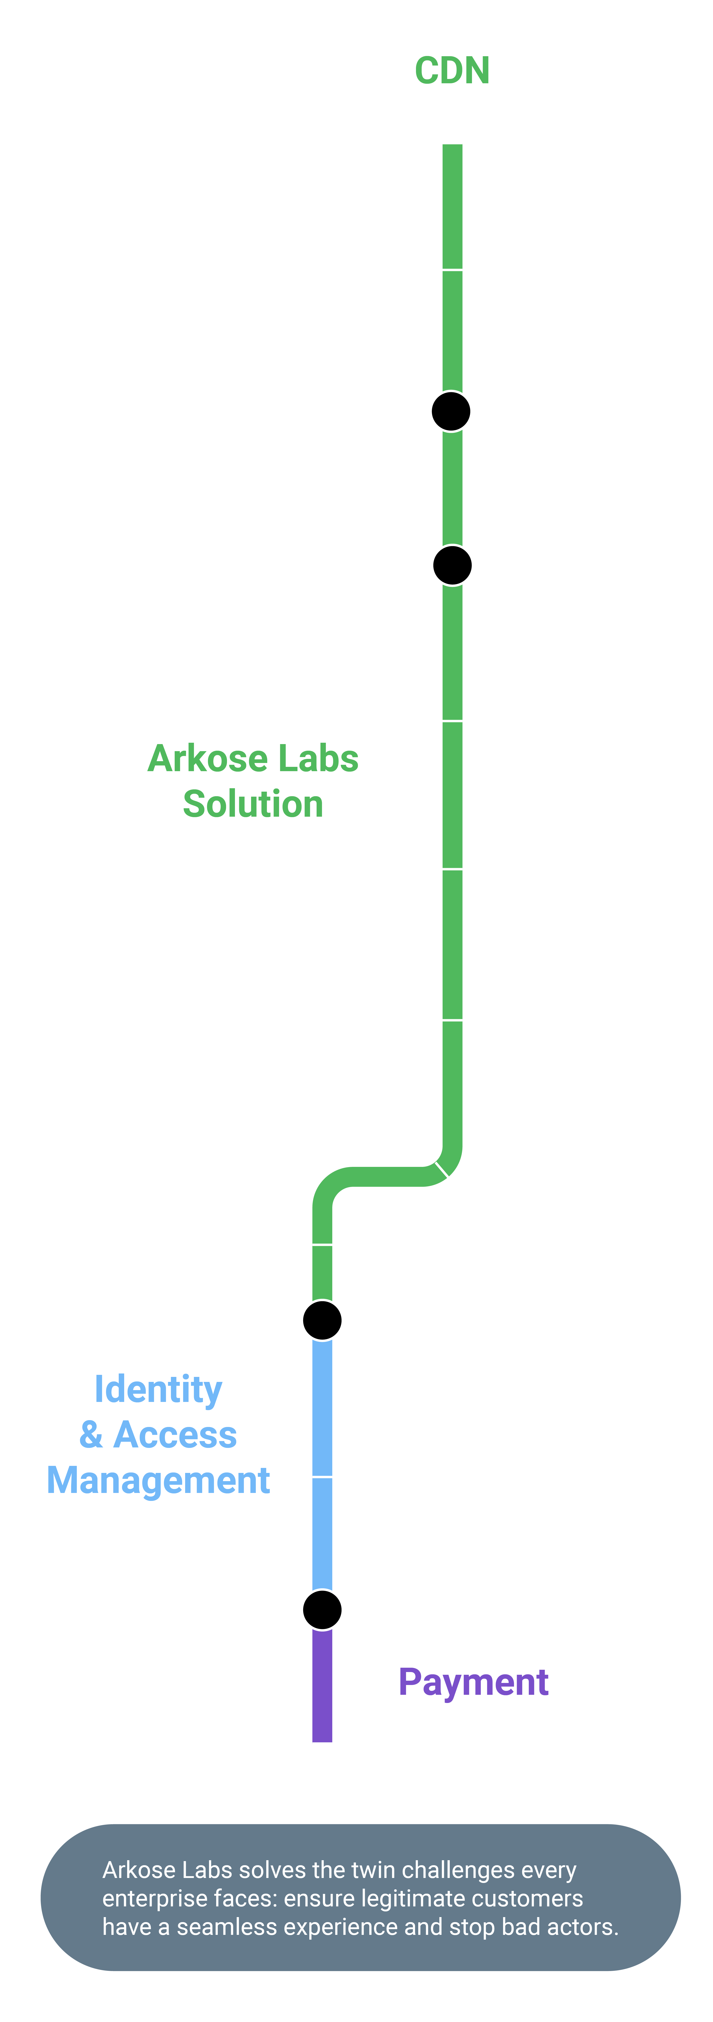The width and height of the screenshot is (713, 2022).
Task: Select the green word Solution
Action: pyautogui.click(x=253, y=804)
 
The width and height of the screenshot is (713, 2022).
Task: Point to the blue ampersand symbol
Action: pyautogui.click(x=91, y=1435)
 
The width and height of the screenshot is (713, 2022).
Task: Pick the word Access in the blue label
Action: pyautogui.click(x=175, y=1435)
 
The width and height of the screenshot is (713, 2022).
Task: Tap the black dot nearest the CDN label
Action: pyautogui.click(x=451, y=411)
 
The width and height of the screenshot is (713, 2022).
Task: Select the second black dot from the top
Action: pyautogui.click(x=453, y=565)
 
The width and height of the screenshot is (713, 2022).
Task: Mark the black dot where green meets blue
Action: pyautogui.click(x=322, y=1320)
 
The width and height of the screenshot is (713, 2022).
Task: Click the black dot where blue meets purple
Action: pyautogui.click(x=322, y=1610)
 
